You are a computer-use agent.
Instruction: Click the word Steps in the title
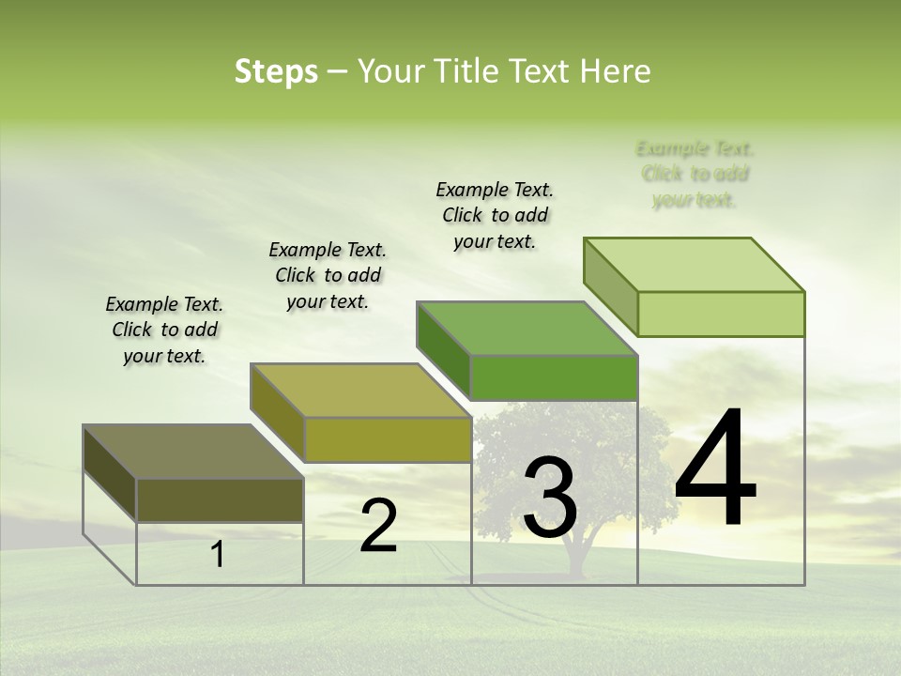276,71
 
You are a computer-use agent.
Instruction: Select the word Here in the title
617,71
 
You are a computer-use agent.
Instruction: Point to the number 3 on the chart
550,498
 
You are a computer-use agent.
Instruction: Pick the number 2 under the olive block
378,525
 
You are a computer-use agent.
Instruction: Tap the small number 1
218,555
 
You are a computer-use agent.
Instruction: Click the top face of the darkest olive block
193,451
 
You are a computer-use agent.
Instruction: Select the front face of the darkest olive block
220,499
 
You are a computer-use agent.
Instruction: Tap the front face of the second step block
388,439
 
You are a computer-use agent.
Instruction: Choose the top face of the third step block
527,329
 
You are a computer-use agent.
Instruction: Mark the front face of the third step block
554,377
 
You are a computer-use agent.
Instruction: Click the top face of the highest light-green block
695,265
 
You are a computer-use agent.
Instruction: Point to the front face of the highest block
721,314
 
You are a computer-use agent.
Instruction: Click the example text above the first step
164,330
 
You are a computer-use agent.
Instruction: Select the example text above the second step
328,275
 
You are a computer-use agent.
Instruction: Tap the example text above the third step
495,215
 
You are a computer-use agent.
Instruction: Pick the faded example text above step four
695,174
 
